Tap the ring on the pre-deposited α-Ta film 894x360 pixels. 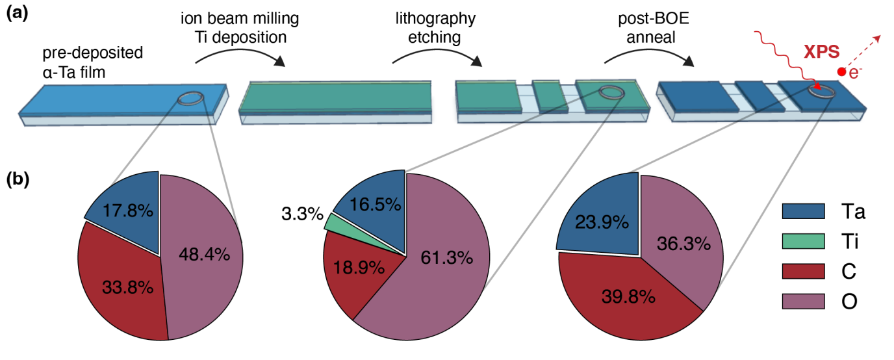coord(190,98)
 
